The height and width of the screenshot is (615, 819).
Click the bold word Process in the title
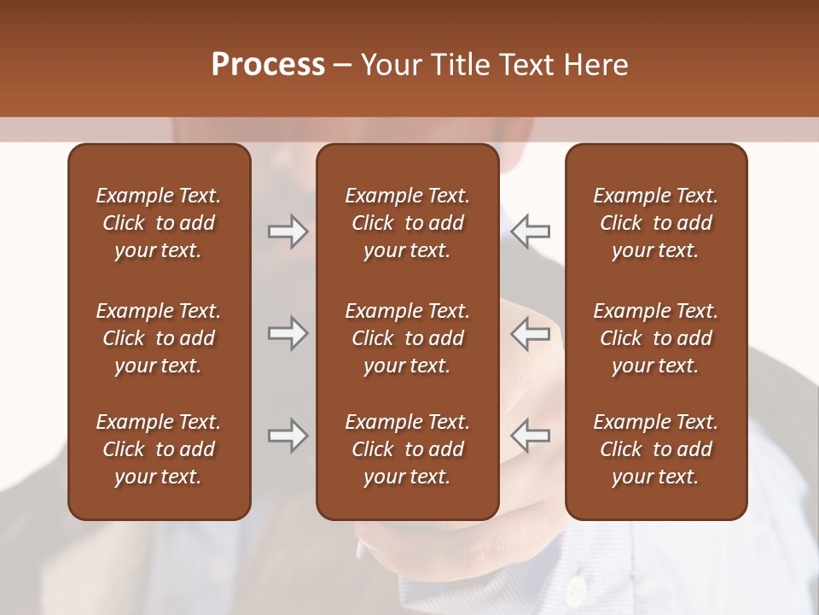268,65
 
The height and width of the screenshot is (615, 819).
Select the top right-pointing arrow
288,231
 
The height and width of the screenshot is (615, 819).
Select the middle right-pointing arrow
288,333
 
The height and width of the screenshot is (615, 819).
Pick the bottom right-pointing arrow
288,436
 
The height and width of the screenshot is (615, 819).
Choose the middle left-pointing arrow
531,333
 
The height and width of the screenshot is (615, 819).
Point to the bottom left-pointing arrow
531,436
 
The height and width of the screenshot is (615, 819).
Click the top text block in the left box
159,223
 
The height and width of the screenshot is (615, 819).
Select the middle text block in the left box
159,338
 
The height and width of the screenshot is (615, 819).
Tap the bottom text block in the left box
159,449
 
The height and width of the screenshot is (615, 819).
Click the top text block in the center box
408,223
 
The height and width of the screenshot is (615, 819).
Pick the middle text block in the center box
408,338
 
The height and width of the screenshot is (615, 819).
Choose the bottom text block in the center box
408,449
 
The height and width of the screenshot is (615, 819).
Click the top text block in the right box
656,223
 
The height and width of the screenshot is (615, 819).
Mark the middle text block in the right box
656,338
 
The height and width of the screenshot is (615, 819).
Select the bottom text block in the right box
656,449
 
